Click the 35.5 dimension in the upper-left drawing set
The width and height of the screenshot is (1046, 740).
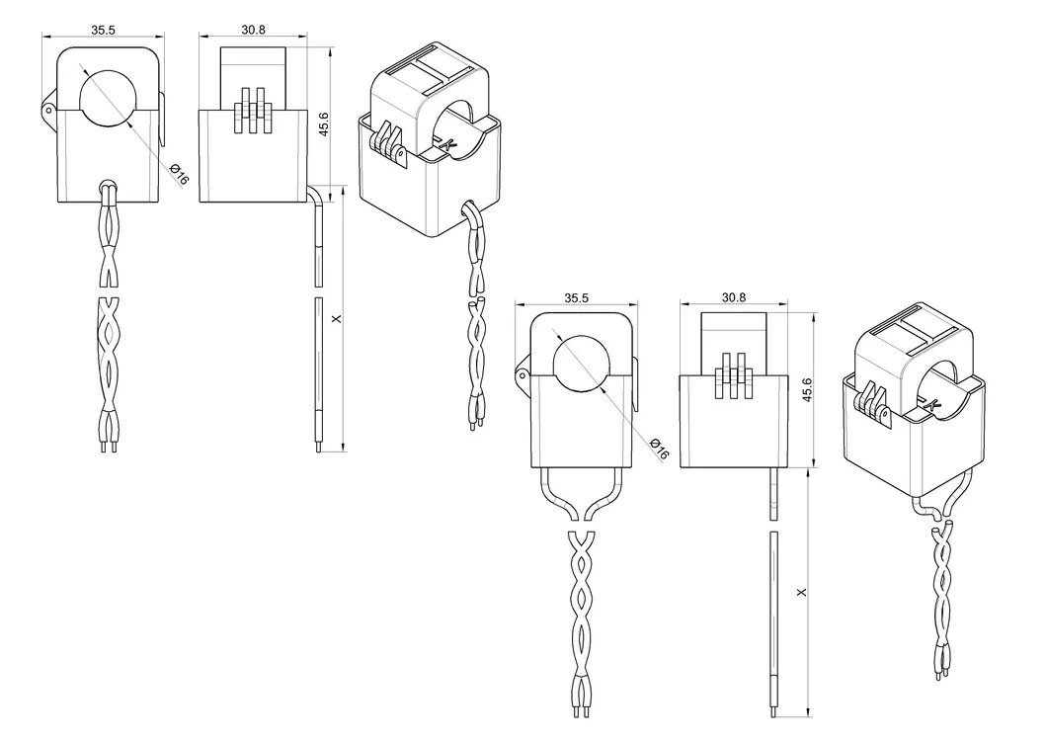pos(103,30)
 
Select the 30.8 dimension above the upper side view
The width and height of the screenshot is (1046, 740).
pos(254,30)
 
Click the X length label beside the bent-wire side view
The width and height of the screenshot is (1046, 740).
pos(337,319)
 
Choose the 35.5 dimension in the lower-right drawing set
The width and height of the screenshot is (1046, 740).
pos(576,296)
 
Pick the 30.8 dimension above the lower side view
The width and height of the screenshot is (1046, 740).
pos(733,296)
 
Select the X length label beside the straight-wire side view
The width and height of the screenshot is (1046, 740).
pos(801,593)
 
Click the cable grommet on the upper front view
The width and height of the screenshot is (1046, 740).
pos(108,186)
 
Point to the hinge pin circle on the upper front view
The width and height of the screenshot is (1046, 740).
pos(47,111)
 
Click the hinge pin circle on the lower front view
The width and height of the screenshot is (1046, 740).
pos(521,375)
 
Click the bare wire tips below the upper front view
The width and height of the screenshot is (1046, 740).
pos(109,448)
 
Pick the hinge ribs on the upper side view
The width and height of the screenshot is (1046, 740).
pos(253,111)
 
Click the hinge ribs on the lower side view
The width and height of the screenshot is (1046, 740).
pos(733,375)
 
